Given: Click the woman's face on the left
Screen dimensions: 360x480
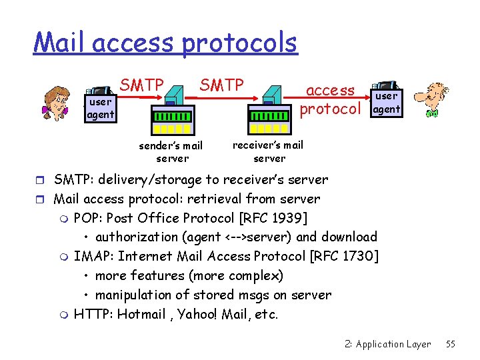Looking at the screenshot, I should (56, 102).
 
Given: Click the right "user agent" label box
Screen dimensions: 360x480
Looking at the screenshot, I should (387, 103).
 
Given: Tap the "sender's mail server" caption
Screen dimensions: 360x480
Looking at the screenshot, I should (171, 152).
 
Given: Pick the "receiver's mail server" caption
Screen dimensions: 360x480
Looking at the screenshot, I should (269, 151).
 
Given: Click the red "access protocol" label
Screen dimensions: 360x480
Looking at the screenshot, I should (331, 99).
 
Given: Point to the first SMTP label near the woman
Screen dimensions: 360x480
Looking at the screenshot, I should (142, 85).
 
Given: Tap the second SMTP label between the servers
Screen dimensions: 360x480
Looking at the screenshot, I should (222, 85).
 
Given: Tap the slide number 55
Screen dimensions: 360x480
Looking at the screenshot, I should (451, 344).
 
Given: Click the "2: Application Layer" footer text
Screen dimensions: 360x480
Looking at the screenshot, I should (388, 344).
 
